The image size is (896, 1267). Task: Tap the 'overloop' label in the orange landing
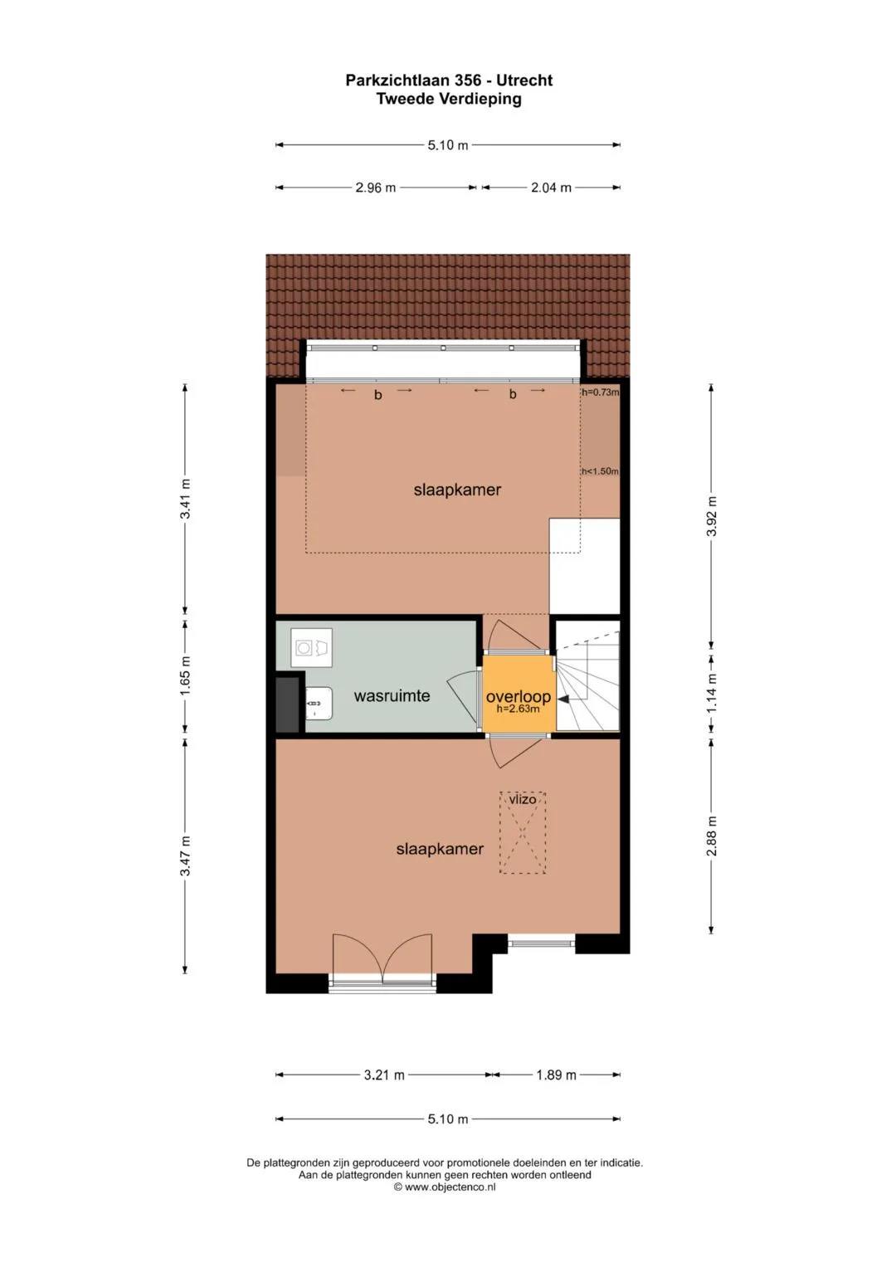click(x=519, y=697)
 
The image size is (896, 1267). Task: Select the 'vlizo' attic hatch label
click(x=522, y=799)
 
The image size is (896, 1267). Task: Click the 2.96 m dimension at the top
click(x=375, y=188)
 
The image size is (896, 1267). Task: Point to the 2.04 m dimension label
click(x=551, y=188)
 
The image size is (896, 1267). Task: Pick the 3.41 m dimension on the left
click(x=185, y=499)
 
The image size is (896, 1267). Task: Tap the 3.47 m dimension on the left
click(x=185, y=855)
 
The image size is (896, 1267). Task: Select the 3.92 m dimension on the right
click(x=712, y=516)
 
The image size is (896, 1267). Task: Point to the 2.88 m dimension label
click(x=712, y=836)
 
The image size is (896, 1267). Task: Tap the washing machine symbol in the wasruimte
click(x=311, y=647)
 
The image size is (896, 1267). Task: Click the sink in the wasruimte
click(x=319, y=703)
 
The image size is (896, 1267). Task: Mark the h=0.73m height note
click(x=600, y=392)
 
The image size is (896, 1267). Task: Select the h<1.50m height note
click(x=600, y=471)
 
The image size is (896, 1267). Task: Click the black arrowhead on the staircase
click(x=562, y=699)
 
